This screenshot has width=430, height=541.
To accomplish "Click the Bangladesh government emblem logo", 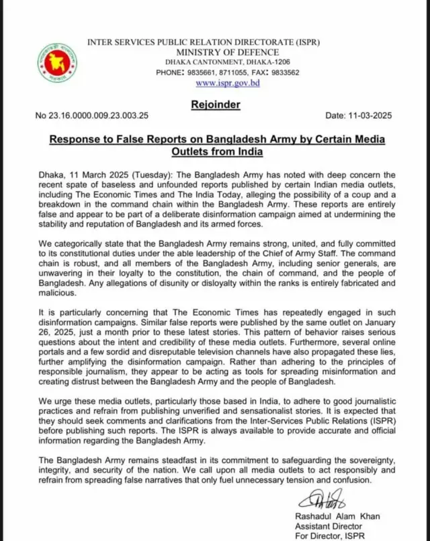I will [x=57, y=63].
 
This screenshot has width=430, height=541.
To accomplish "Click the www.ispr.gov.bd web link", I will [x=228, y=83].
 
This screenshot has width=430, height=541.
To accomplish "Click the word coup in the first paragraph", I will [x=359, y=194].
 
